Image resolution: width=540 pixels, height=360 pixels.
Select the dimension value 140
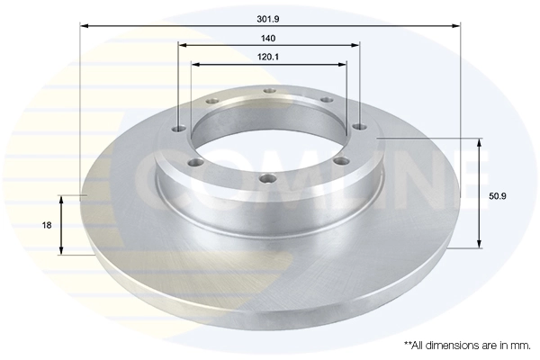pyautogui.click(x=269, y=38)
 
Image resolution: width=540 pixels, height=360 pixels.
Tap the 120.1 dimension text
pyautogui.click(x=269, y=56)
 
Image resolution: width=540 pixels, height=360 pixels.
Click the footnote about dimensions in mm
pyautogui.click(x=467, y=345)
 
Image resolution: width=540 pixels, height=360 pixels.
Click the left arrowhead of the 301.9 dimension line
pyautogui.click(x=84, y=26)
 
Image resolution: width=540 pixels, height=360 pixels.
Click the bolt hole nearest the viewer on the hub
pyautogui.click(x=264, y=178)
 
